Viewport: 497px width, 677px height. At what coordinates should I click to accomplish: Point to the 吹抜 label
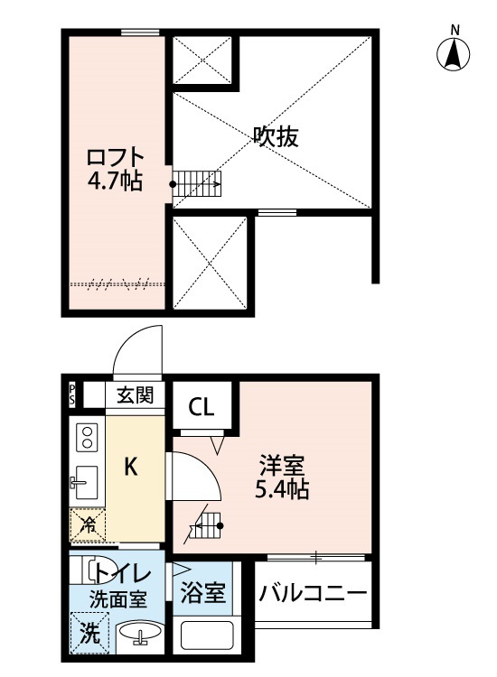pos(276,137)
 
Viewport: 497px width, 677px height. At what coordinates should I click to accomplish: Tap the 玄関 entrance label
pos(135,395)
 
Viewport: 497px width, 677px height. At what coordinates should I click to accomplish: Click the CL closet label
pos(202,408)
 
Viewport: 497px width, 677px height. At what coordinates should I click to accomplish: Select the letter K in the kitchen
pos(131,467)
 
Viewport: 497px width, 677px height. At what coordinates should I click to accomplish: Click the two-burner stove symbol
pos(88,439)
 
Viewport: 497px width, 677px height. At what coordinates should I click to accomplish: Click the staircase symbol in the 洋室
pos(205,526)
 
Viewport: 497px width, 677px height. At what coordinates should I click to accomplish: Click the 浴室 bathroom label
pos(203,594)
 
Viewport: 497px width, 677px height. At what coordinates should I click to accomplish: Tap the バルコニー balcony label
pos(313,594)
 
